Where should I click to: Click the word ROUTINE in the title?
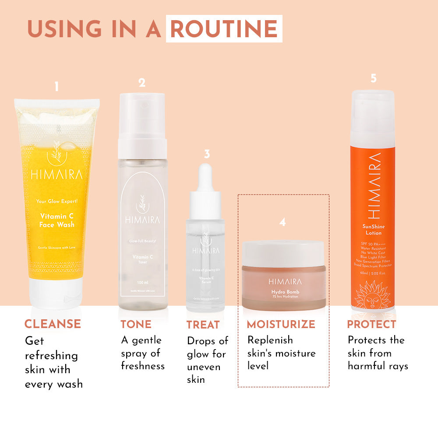224,28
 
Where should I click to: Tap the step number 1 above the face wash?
57,87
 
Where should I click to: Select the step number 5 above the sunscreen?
373,78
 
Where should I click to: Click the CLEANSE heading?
53,324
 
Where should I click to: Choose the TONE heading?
136,324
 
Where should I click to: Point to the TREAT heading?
203,325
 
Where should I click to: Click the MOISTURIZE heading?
281,324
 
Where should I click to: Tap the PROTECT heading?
371,324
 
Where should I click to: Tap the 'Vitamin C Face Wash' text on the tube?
57,220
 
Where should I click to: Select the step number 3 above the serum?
207,154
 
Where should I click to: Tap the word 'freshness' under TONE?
143,366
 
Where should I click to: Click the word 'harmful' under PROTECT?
367,366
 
